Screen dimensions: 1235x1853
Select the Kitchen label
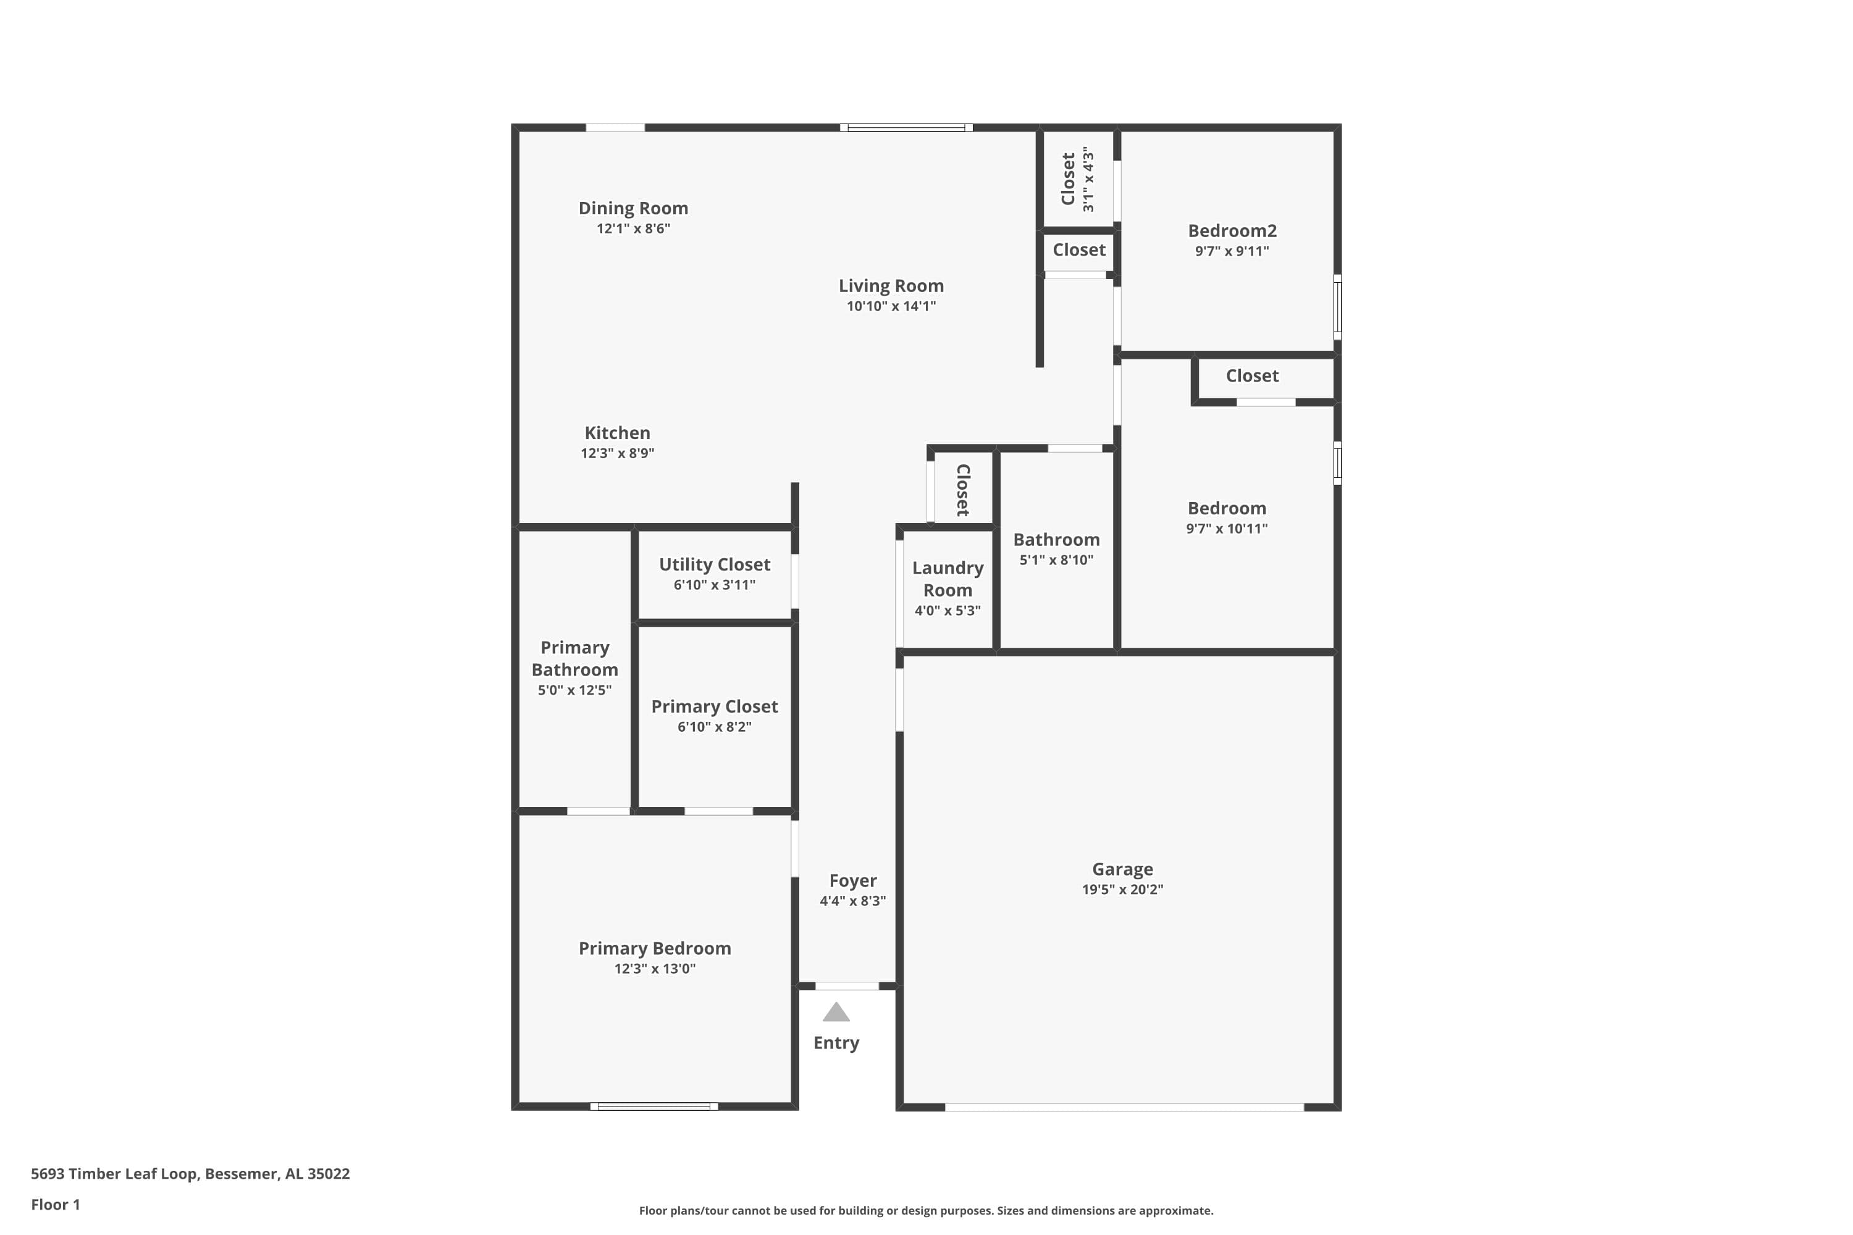pyautogui.click(x=617, y=432)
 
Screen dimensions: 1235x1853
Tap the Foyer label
pyautogui.click(x=852, y=881)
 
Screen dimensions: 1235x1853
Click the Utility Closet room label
pyautogui.click(x=714, y=564)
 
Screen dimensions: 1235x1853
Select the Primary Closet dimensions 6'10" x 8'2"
pyautogui.click(x=714, y=726)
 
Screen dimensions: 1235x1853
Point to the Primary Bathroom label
pyautogui.click(x=574, y=658)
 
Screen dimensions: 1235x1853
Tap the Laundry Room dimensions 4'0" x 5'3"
pyautogui.click(x=947, y=611)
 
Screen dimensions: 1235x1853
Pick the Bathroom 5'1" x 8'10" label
pyautogui.click(x=1056, y=540)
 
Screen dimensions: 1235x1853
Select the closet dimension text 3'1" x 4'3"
pyautogui.click(x=1088, y=179)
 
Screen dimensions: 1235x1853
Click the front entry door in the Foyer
pyautogui.click(x=847, y=986)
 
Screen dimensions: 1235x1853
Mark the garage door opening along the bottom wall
pyautogui.click(x=1124, y=1107)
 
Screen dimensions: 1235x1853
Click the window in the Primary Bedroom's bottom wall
pyautogui.click(x=654, y=1107)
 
